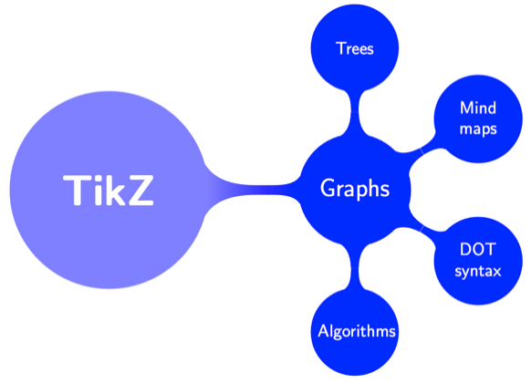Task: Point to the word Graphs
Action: point(356,189)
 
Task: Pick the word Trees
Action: point(355,47)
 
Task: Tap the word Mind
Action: point(478,108)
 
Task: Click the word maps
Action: point(478,129)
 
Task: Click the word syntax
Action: point(478,271)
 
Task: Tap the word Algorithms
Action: point(356,330)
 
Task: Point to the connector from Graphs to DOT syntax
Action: point(422,223)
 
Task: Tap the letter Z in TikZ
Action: point(139,190)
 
